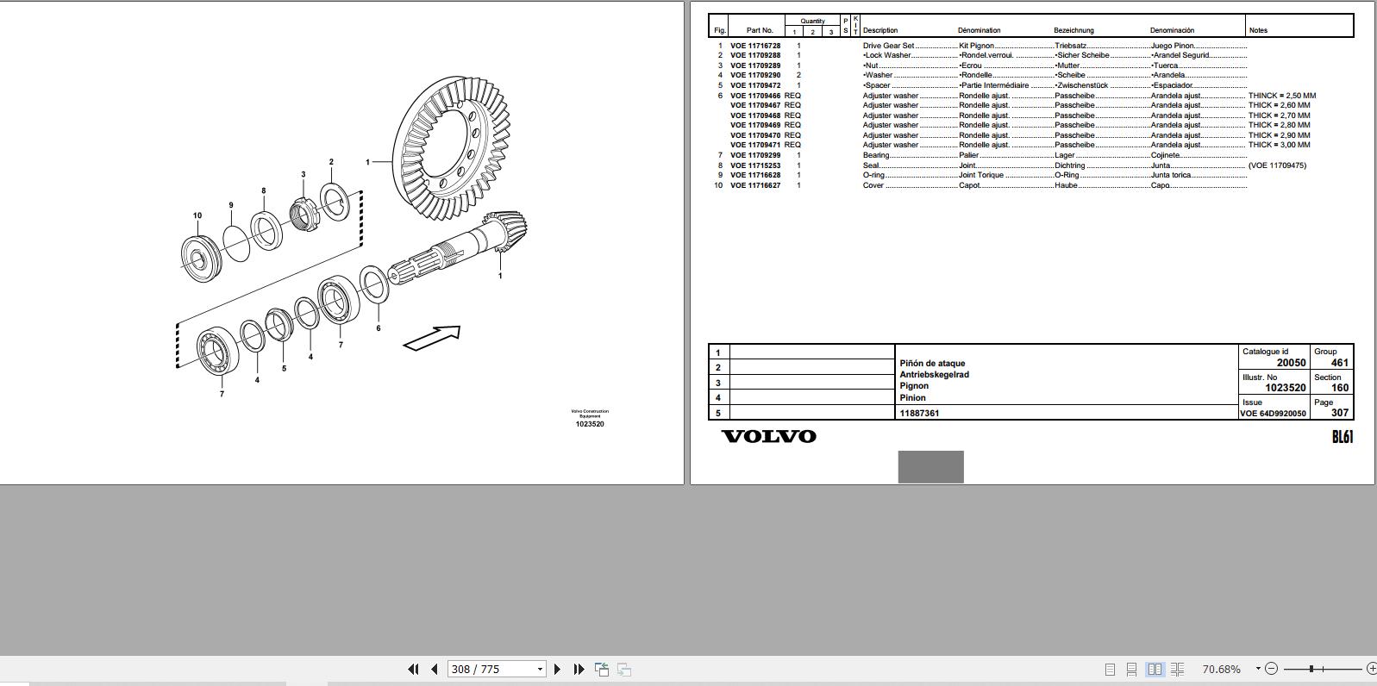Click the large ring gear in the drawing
[448, 147]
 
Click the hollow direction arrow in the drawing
[432, 338]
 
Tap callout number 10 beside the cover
[197, 215]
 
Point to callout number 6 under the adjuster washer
[378, 328]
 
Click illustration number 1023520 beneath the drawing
[590, 424]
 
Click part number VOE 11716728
[755, 46]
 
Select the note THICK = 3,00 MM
[1279, 145]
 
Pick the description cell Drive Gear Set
[888, 46]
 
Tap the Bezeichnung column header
[1073, 30]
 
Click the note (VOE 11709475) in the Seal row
[1277, 165]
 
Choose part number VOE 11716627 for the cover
[755, 185]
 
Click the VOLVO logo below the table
[768, 436]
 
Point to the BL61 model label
[1342, 437]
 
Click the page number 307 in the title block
[1339, 413]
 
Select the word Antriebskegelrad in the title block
[934, 375]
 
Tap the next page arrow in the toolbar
[557, 669]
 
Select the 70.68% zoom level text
[1221, 669]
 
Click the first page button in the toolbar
[413, 669]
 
